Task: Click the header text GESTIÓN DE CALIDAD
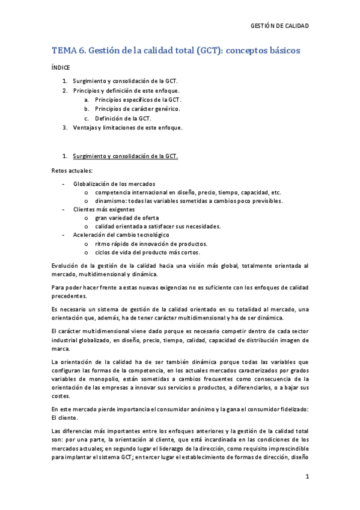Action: tap(279, 26)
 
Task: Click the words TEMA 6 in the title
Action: tap(69, 51)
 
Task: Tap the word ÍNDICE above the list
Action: tap(61, 68)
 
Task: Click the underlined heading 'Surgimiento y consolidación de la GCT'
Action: tap(125, 156)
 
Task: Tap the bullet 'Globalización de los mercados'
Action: tap(114, 183)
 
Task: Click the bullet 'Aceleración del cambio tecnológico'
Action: tap(121, 235)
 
